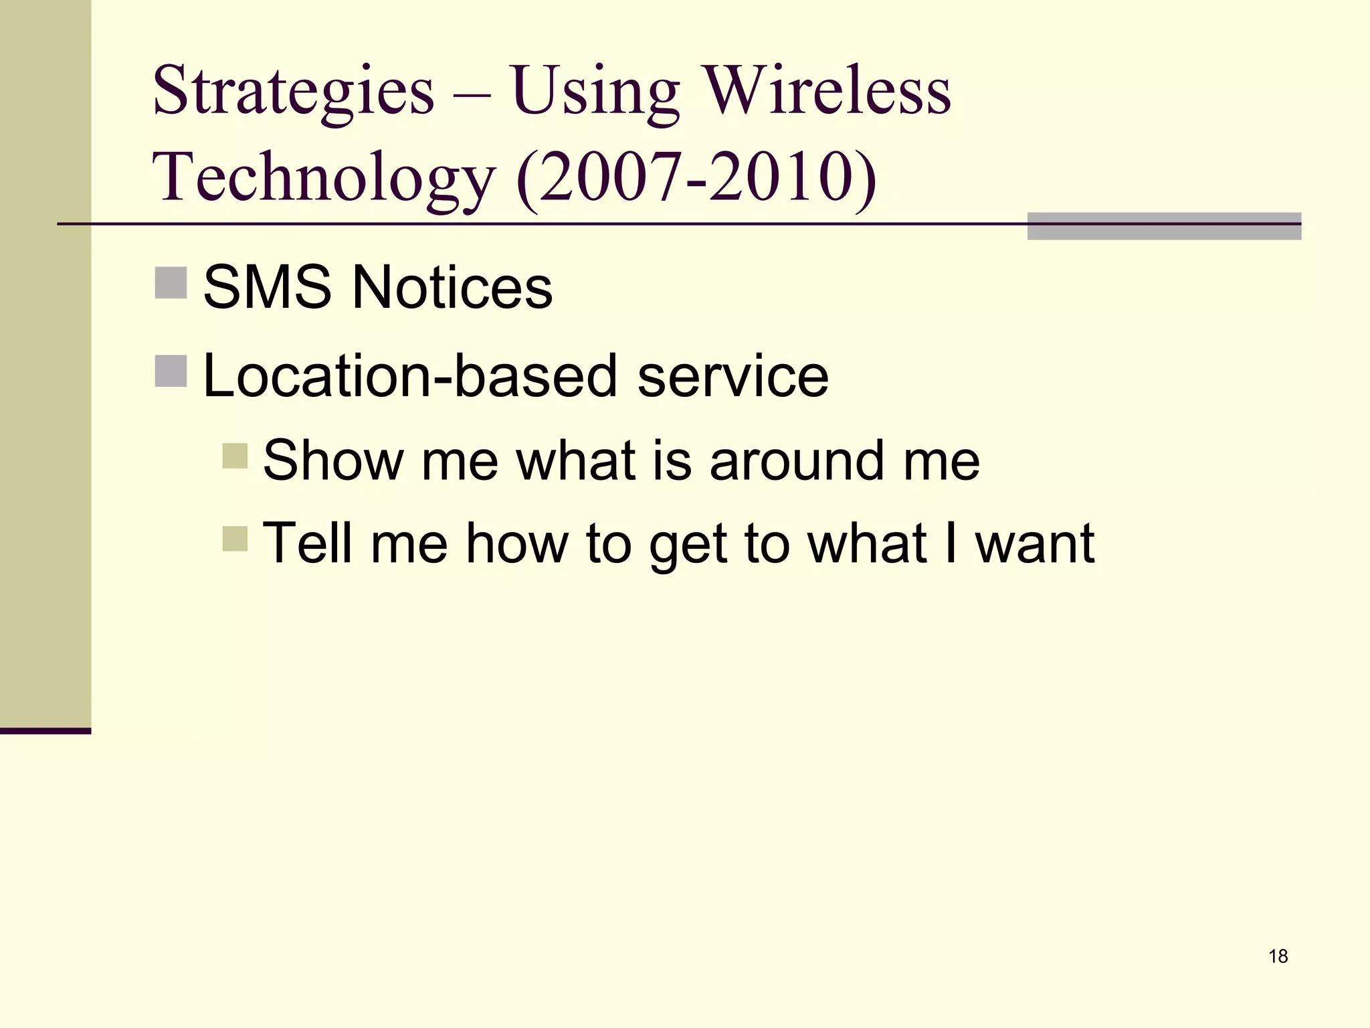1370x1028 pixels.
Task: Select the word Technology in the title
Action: pyautogui.click(x=324, y=177)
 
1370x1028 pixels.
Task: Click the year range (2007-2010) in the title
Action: pyautogui.click(x=696, y=177)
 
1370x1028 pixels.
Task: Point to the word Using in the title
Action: pyautogui.click(x=596, y=92)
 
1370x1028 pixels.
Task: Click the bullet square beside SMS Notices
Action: pyautogui.click(x=171, y=282)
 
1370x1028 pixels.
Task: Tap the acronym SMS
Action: pyautogui.click(x=267, y=287)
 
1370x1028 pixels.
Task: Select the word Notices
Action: pyautogui.click(x=452, y=287)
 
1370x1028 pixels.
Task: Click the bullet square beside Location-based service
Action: pyautogui.click(x=171, y=371)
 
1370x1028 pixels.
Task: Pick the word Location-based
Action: pyautogui.click(x=410, y=375)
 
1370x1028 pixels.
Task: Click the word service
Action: pyautogui.click(x=733, y=377)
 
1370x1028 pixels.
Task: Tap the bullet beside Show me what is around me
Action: pyautogui.click(x=235, y=456)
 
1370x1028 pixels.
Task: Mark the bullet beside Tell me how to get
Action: pyautogui.click(x=235, y=539)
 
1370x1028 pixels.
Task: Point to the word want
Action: pyautogui.click(x=1034, y=543)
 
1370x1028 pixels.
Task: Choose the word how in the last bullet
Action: pyautogui.click(x=516, y=543)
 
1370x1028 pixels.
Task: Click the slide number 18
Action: pyautogui.click(x=1278, y=956)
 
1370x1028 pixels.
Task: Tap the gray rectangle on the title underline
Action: pyautogui.click(x=1164, y=226)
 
